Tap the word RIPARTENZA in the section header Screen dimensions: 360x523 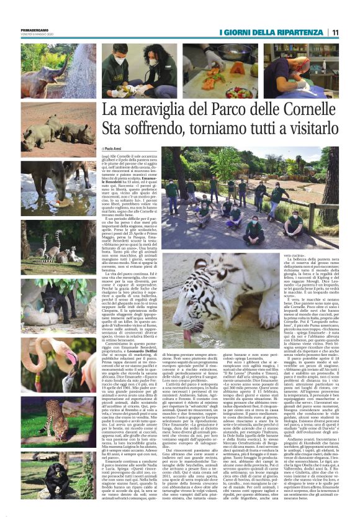[x=305, y=32]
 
